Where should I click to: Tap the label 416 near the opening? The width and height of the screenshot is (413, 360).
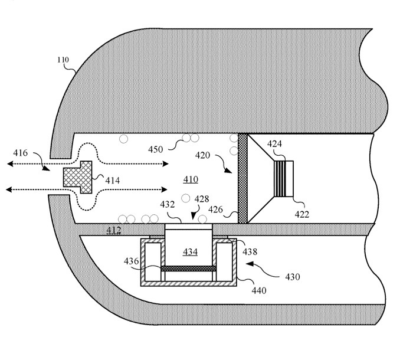21,153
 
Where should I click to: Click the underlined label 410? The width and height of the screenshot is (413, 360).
190,179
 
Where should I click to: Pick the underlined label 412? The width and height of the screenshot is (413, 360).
114,230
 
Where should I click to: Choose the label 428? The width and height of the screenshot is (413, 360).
202,199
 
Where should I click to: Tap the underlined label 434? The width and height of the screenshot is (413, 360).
190,253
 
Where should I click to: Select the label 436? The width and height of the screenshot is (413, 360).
130,260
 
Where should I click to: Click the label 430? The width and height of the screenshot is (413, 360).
292,277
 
